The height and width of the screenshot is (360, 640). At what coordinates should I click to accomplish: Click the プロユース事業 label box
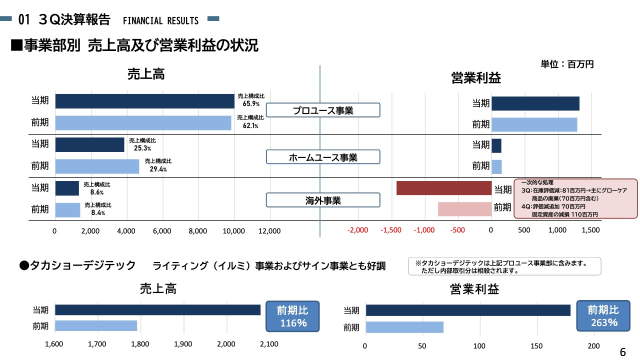point(323,110)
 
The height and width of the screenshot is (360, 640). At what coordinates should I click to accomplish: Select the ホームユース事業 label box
point(323,157)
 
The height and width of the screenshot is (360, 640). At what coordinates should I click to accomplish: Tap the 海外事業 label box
point(323,200)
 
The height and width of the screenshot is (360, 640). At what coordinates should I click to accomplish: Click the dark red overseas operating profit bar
point(444,188)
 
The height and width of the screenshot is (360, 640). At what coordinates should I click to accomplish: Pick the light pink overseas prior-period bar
point(465,209)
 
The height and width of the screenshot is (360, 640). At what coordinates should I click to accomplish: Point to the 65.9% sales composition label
point(251,100)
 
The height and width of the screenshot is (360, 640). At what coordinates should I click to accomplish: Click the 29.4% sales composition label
point(158,165)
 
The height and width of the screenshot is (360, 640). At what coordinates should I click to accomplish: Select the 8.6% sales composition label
point(96,188)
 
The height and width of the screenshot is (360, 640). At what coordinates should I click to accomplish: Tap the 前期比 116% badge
point(292,316)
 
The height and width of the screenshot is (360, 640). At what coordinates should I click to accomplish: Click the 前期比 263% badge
point(602,316)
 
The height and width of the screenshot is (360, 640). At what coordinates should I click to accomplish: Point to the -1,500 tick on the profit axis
point(391,230)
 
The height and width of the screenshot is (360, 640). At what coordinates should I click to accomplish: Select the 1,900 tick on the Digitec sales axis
point(183,344)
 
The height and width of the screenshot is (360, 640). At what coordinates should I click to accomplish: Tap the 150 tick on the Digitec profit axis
point(536,346)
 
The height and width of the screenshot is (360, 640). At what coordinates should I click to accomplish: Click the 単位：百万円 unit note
point(567,64)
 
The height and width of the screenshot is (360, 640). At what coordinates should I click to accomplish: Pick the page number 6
point(622,351)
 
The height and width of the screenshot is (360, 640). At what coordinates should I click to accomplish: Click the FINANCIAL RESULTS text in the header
point(160,21)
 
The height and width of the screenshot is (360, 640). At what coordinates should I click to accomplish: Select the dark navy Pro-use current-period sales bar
point(145,101)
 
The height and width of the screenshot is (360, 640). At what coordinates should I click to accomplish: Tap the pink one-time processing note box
point(575,198)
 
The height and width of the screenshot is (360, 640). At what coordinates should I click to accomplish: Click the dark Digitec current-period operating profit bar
point(468,310)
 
